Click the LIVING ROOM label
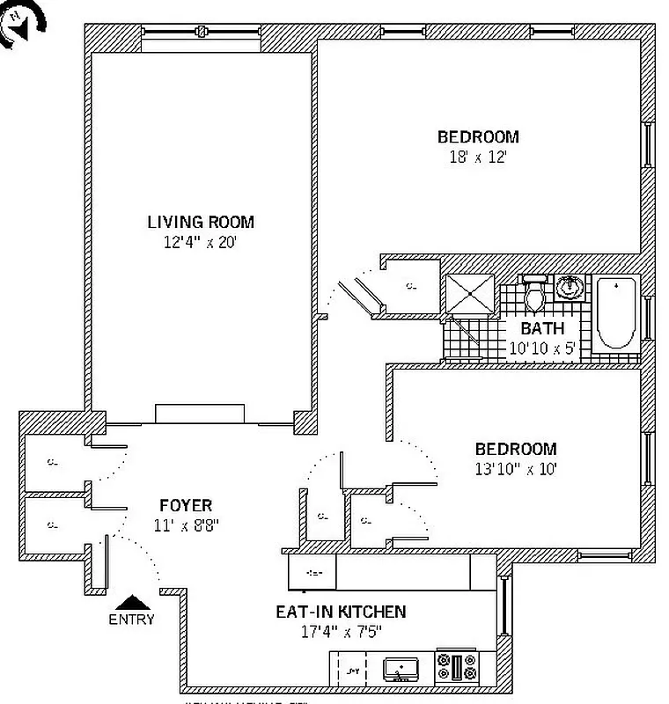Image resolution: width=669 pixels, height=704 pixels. point(201,222)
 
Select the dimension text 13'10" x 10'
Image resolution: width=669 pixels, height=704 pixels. point(515,468)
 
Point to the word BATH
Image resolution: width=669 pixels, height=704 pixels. point(542,328)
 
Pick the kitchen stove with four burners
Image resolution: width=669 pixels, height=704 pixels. point(457,668)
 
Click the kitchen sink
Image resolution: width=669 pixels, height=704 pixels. point(401,669)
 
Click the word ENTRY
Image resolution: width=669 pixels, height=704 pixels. point(132,619)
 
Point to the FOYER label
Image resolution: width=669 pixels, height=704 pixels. point(185,505)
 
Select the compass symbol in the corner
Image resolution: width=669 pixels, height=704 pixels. point(18,24)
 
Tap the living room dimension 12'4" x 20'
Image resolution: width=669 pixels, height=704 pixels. point(201,243)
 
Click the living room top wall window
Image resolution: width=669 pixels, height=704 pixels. point(202,33)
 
